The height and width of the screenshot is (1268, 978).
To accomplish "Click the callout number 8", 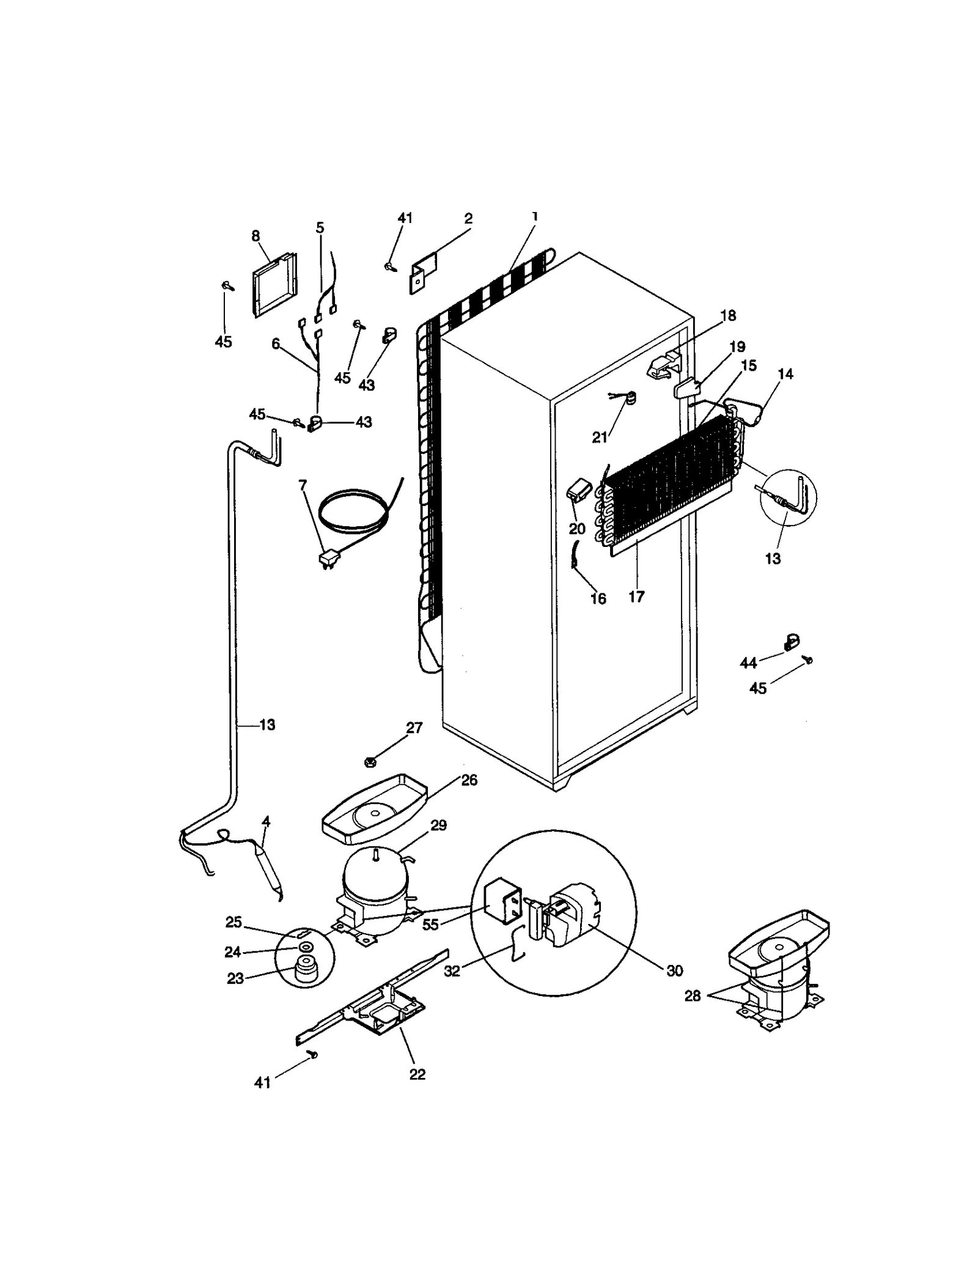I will (256, 236).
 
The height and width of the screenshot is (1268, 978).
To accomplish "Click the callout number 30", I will (674, 970).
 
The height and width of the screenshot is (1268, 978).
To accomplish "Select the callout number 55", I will (430, 925).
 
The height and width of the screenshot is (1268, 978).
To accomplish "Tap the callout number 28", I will (692, 996).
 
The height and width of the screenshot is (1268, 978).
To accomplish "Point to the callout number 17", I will (636, 596).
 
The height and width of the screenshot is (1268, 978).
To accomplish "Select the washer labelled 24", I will (304, 947).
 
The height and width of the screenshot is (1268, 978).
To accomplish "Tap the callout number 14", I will (785, 373).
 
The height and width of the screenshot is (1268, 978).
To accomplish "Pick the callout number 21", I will (600, 437).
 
